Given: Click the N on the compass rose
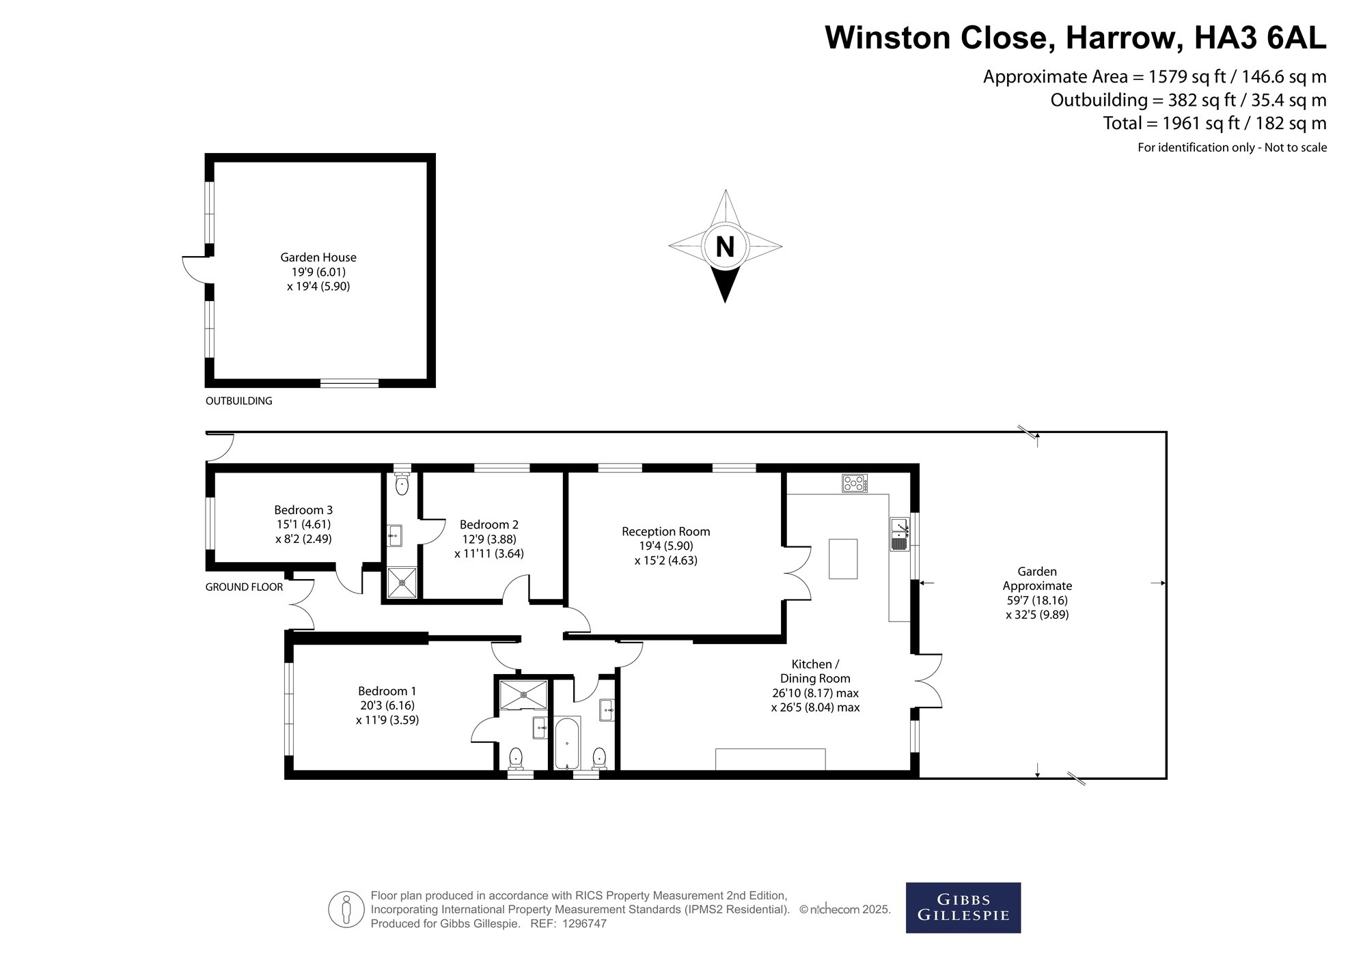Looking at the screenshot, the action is click(x=725, y=247).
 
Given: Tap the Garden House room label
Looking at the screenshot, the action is click(x=318, y=257).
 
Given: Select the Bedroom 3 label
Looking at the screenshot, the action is click(x=303, y=510).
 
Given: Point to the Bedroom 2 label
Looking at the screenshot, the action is click(x=489, y=525).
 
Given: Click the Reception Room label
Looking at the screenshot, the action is click(x=666, y=532).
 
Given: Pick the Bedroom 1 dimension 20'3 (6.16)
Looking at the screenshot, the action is click(x=387, y=705).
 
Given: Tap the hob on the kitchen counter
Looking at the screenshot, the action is click(x=855, y=483).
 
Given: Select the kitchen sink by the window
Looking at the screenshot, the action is click(x=899, y=534).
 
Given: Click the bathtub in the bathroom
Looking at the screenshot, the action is click(x=567, y=743).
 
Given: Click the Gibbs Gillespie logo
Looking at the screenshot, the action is click(x=963, y=908).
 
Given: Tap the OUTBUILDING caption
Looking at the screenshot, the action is click(x=239, y=402).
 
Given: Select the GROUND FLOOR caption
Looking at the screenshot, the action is click(x=244, y=587).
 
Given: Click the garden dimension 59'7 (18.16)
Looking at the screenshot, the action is click(x=1037, y=601).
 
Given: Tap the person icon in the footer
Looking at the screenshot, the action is click(x=346, y=910).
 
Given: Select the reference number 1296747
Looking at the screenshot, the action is click(x=583, y=924).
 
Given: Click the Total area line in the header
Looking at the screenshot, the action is click(x=1215, y=124).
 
